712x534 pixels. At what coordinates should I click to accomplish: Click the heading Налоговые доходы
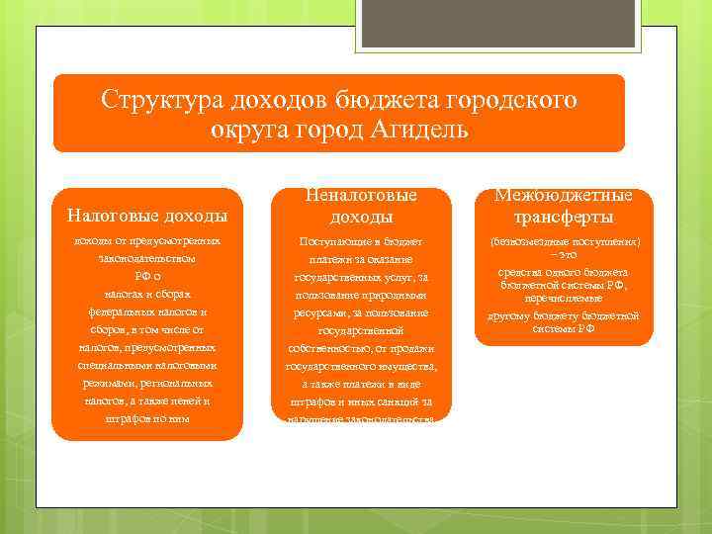146,216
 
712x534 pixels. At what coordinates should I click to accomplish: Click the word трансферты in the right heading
563,217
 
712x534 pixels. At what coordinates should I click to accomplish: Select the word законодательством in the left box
146,258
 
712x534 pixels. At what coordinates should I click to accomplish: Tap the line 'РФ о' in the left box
146,276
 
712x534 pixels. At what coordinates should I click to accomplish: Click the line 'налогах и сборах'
146,294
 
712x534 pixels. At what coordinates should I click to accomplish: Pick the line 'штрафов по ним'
146,418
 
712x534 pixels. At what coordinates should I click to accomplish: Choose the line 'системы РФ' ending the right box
563,328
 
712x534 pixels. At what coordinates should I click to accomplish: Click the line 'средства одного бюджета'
563,272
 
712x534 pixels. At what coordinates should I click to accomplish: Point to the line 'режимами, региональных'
146,383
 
